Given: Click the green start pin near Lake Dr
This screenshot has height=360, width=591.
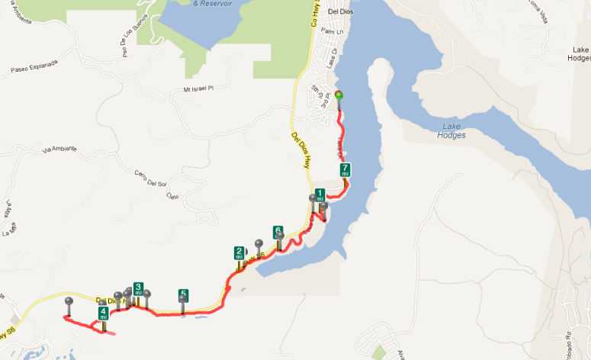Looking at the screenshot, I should point(339,95).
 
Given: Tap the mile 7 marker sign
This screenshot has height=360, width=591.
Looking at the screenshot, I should point(345,169).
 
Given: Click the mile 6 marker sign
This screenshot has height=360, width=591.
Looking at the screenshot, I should point(278,231).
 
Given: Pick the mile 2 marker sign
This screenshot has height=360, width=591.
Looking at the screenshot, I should point(239,253).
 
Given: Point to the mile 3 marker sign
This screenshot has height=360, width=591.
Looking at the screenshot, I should point(138,288).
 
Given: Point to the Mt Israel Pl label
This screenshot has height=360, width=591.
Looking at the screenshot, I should point(195,89).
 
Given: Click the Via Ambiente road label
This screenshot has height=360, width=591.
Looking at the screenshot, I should point(59,149).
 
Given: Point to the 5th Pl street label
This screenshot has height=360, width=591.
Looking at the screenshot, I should point(313,92).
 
